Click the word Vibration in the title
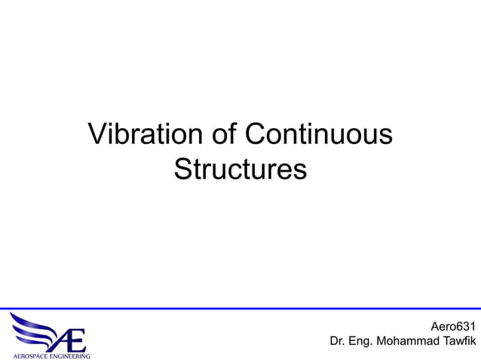[142, 135]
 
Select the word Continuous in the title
[319, 135]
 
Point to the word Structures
[240, 169]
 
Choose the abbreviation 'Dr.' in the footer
[339, 342]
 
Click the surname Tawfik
[460, 342]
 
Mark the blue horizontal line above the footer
[240, 309]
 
